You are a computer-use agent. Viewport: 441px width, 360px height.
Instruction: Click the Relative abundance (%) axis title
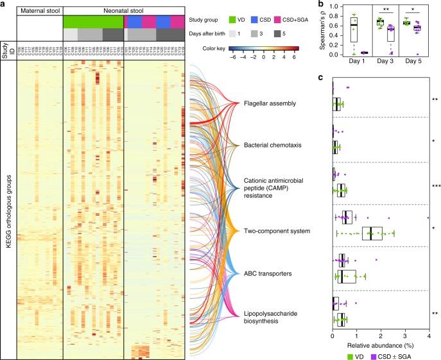pyautogui.click(x=380, y=343)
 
